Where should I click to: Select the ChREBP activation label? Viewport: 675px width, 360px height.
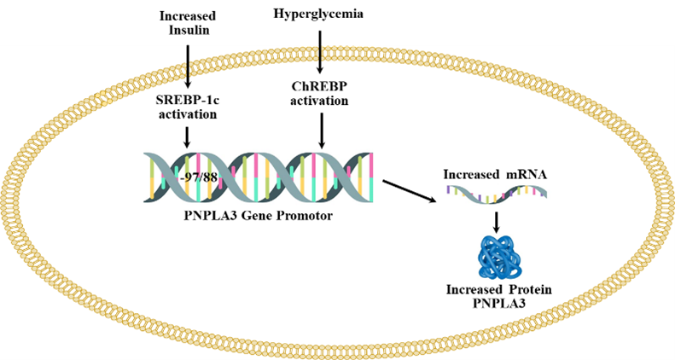click(321, 93)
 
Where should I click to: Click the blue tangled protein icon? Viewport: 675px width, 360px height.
click(497, 256)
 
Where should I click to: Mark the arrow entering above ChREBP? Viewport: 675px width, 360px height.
click(320, 60)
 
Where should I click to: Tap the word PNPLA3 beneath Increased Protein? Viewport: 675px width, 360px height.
click(498, 304)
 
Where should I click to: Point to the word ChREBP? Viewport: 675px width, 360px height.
click(321, 86)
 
